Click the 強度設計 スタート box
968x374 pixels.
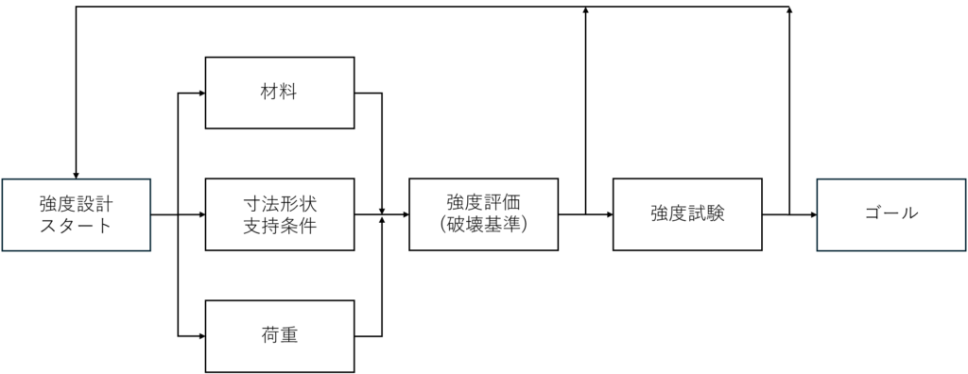coord(76,214)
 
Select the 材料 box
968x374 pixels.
coord(280,93)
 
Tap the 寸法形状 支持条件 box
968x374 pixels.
coord(280,214)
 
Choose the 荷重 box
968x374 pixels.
coord(280,335)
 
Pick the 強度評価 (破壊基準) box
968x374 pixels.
coord(483,214)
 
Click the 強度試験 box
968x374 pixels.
coord(687,214)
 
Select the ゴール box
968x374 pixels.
coord(890,214)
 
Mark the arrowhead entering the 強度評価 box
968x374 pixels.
coord(405,214)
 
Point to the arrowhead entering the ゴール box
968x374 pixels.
coord(812,214)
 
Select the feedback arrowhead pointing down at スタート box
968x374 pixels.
coord(76,173)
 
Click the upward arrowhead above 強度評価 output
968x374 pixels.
coord(586,11)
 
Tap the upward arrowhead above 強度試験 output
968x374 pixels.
coord(789,11)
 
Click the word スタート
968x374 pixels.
coord(76,226)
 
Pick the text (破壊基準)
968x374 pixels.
coord(483,226)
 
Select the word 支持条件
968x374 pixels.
coord(280,226)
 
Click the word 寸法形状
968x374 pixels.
coord(280,203)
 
